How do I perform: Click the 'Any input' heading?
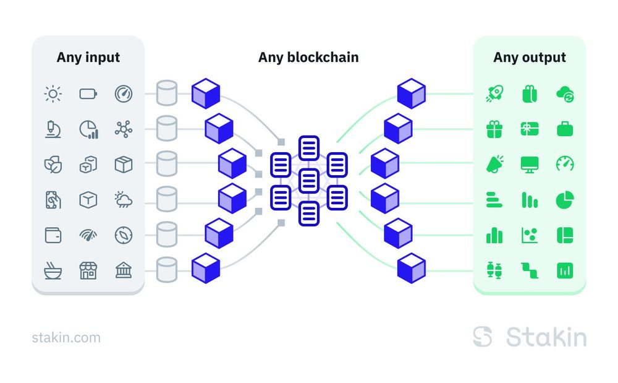pyautogui.click(x=88, y=58)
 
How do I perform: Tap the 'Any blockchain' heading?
pyautogui.click(x=308, y=58)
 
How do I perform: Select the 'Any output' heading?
pyautogui.click(x=530, y=58)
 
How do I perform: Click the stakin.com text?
pyautogui.click(x=66, y=338)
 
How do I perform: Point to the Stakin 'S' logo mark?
pyautogui.click(x=483, y=337)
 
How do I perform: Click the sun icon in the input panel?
pyautogui.click(x=53, y=94)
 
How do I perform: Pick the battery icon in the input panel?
pyautogui.click(x=88, y=94)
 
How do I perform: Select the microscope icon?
pyautogui.click(x=53, y=129)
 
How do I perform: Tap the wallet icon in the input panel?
pyautogui.click(x=53, y=235)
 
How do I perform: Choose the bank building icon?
pyautogui.click(x=124, y=270)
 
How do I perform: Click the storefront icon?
pyautogui.click(x=88, y=270)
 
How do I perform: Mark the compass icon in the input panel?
pyautogui.click(x=124, y=235)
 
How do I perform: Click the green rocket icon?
pyautogui.click(x=494, y=94)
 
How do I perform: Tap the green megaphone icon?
pyautogui.click(x=494, y=164)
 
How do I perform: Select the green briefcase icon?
pyautogui.click(x=565, y=129)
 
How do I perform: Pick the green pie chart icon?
pyautogui.click(x=565, y=200)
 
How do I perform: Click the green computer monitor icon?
pyautogui.click(x=530, y=164)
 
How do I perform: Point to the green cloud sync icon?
pyautogui.click(x=565, y=94)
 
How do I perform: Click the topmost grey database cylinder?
pyautogui.click(x=167, y=93)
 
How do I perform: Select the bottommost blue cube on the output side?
pyautogui.click(x=412, y=268)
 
